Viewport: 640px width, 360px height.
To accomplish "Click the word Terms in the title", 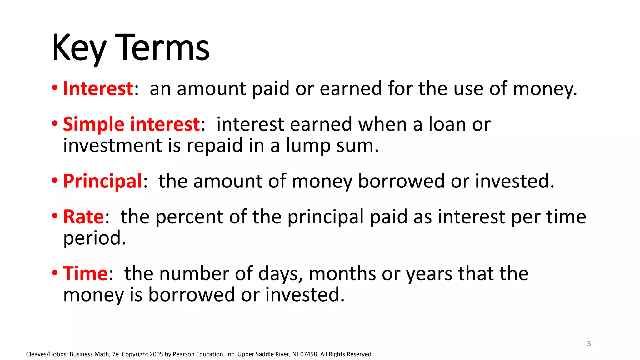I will pos(162,47).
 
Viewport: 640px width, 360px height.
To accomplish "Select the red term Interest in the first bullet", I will pos(98,88).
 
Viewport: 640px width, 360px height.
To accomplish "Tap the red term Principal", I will pos(102,181).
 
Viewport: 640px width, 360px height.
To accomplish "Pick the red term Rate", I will pos(83,217).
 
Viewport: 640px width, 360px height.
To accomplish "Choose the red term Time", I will pos(85,274).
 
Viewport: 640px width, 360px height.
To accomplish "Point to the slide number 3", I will pos(589,343).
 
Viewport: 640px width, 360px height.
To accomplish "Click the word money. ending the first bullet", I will pos(545,89).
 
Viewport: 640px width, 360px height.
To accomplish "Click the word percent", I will pos(189,217).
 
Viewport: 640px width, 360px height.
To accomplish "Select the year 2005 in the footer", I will pos(156,354).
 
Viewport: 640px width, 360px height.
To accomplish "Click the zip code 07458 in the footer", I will pos(308,354).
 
